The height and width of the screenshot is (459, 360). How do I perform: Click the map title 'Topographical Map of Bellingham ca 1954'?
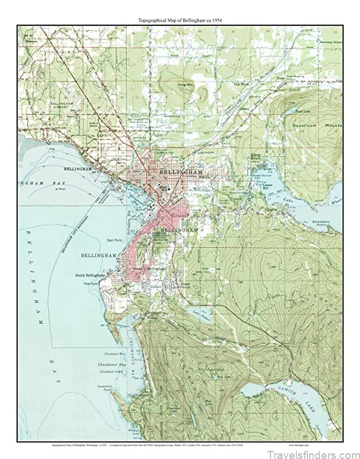tap(180, 20)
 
